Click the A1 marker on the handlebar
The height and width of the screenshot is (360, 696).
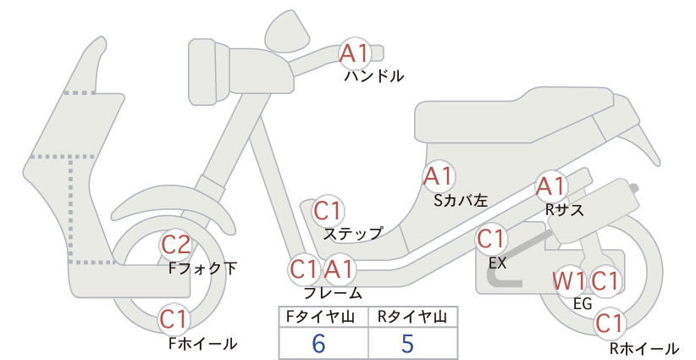[x=354, y=53]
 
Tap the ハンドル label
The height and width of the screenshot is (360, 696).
[x=374, y=76]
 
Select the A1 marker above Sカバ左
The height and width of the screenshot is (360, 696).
[x=438, y=176]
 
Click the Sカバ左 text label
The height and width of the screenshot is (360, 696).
[x=461, y=201]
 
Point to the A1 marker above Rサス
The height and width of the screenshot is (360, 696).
[x=550, y=186]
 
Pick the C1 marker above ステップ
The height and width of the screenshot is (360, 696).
[x=328, y=211]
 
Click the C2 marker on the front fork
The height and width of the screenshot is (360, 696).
[x=176, y=245]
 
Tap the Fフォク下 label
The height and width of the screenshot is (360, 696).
[x=203, y=269]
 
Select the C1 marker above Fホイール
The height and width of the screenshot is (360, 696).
[x=174, y=319]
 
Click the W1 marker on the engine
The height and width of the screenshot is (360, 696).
[x=568, y=281]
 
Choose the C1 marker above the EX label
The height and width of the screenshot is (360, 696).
[x=490, y=239]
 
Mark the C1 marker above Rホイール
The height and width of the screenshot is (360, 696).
[x=610, y=324]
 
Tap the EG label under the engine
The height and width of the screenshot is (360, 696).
[x=583, y=304]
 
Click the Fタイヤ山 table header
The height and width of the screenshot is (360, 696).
[x=320, y=317]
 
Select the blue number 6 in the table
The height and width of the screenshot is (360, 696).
[x=318, y=343]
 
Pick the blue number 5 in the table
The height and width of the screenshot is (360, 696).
[x=407, y=343]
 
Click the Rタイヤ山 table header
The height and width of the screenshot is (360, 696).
[x=412, y=317]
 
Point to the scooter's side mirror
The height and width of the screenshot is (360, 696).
[x=287, y=28]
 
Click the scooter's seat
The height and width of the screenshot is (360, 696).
[x=515, y=115]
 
